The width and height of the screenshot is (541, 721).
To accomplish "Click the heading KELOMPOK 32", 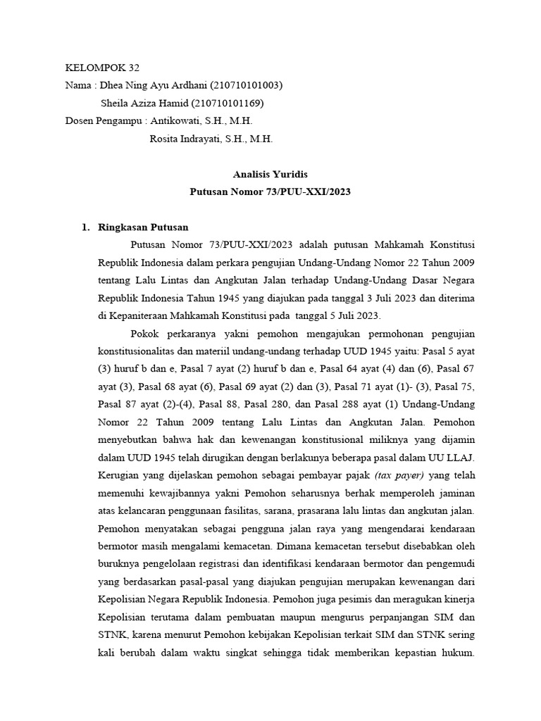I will click(102, 68).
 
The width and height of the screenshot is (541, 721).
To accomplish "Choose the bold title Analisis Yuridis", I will click(270, 174).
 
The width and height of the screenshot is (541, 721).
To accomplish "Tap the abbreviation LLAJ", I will click(461, 456).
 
